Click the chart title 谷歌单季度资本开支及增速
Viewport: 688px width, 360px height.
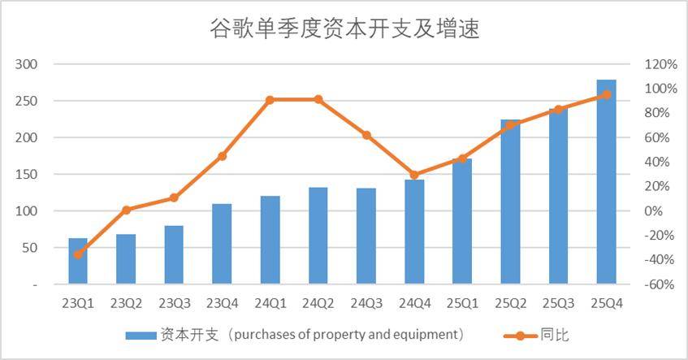click(x=344, y=30)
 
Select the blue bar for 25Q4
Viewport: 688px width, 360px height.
click(x=607, y=182)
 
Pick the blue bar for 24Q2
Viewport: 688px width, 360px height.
click(x=318, y=236)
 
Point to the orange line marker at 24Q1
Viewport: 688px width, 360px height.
click(x=270, y=100)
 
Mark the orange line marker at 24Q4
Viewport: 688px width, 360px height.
click(x=414, y=175)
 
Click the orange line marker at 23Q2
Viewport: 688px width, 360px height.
click(x=126, y=210)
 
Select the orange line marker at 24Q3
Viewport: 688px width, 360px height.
click(x=366, y=135)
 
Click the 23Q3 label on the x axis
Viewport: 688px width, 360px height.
click(x=174, y=303)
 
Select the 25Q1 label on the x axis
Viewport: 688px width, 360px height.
click(x=462, y=303)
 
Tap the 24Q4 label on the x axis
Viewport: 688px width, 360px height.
click(x=414, y=303)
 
